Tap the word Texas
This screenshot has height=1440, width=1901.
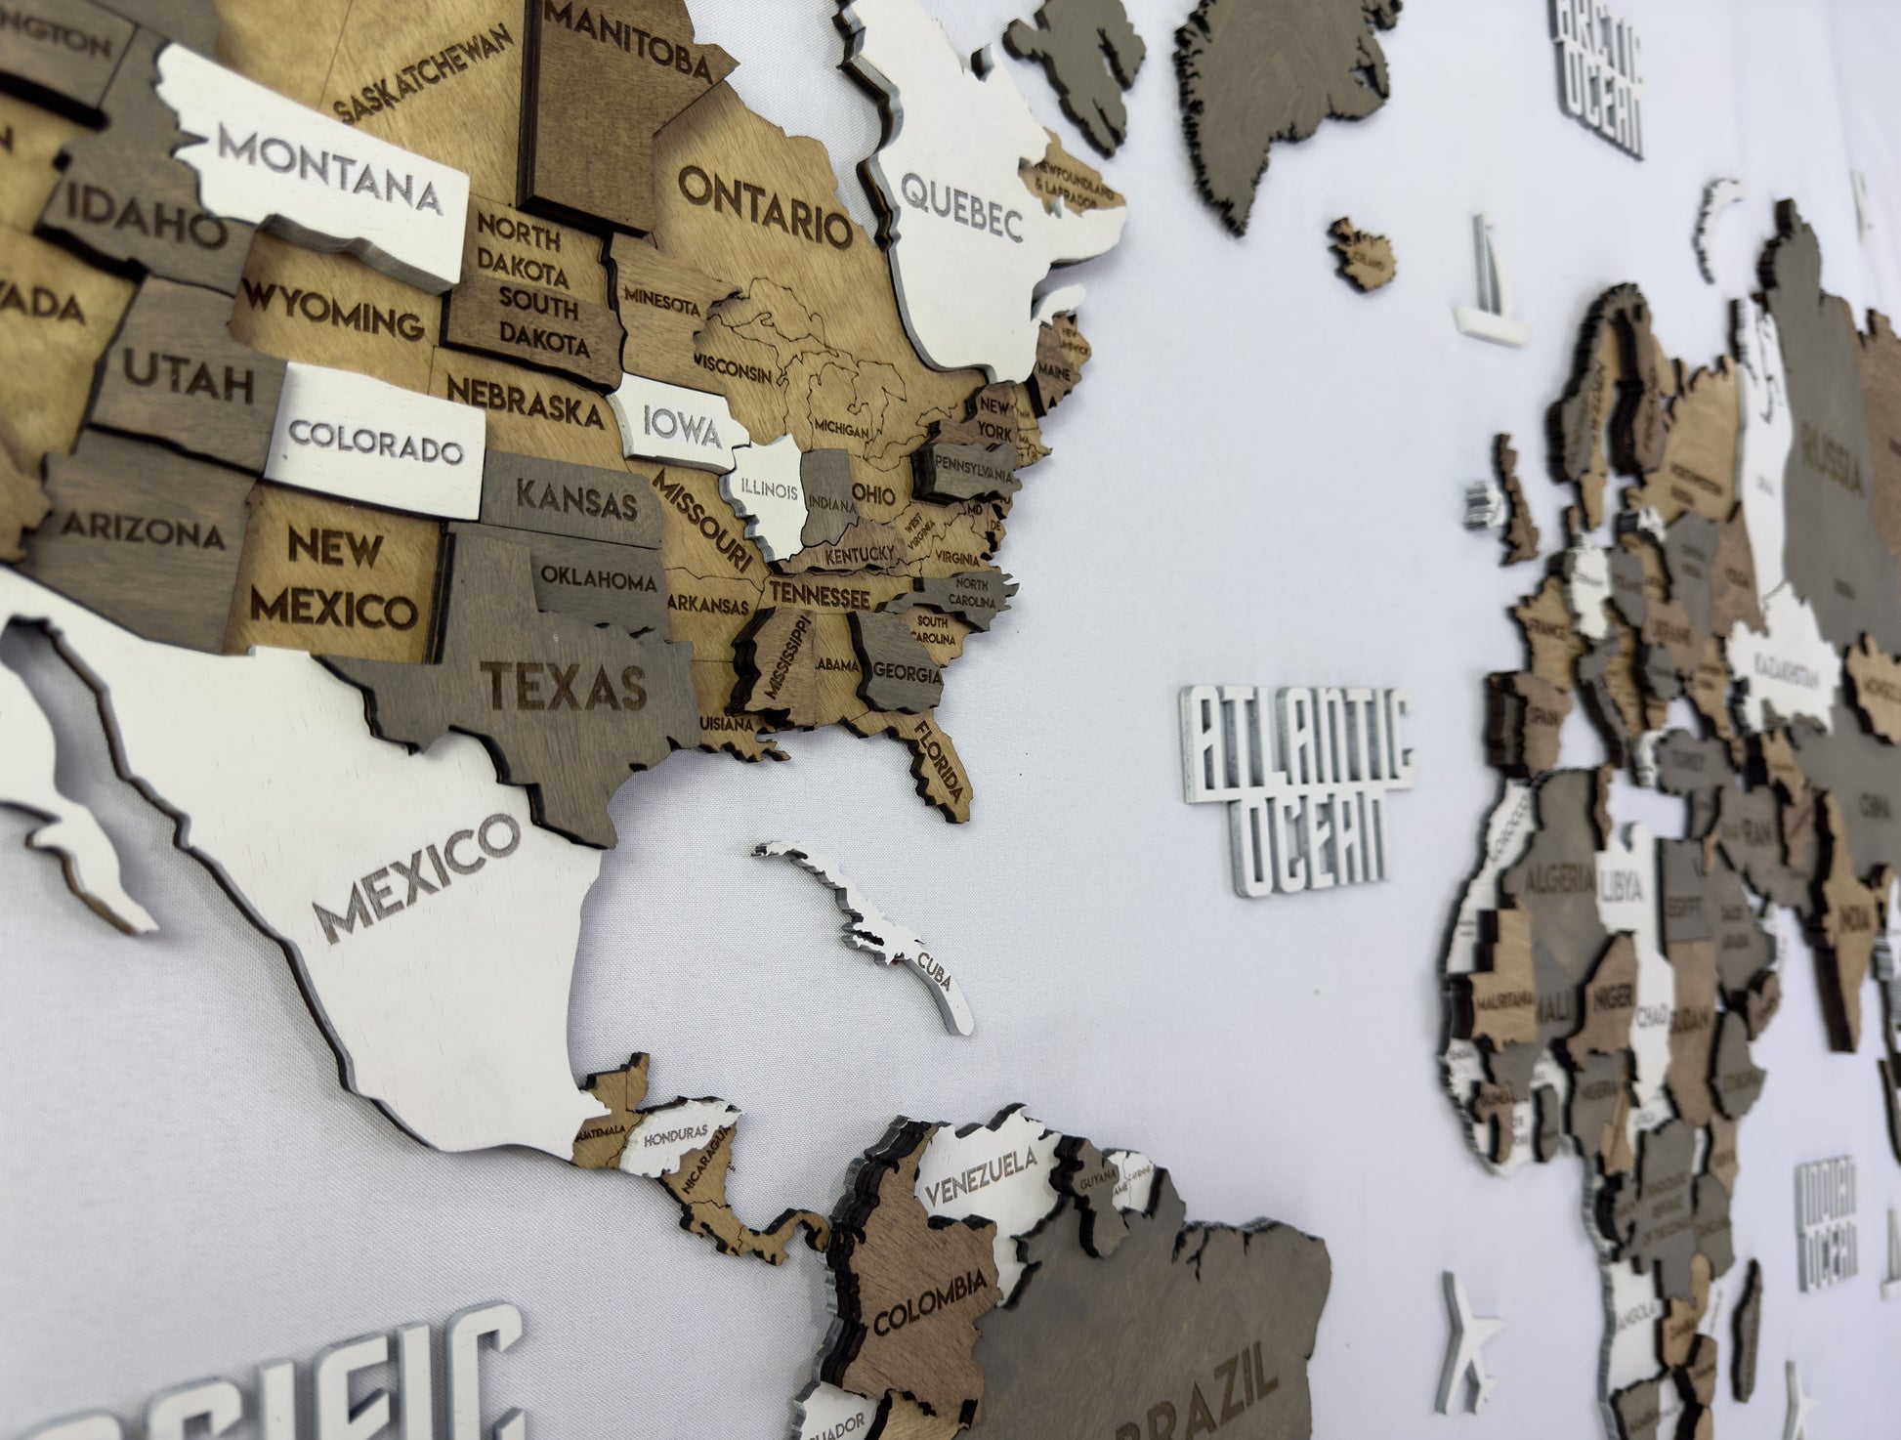point(568,683)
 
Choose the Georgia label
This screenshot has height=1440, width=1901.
point(908,673)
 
